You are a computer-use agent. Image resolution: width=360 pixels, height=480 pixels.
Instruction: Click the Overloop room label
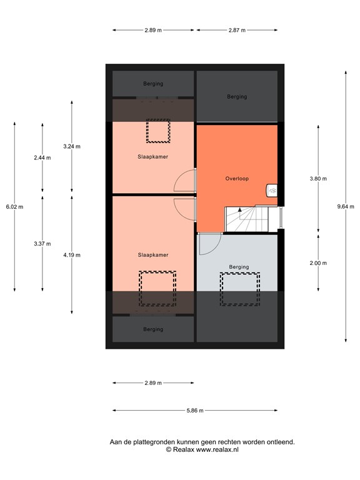point(237,179)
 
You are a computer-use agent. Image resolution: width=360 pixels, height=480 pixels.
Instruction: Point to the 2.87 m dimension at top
point(237,30)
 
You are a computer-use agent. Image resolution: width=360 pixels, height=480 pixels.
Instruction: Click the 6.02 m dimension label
point(14,207)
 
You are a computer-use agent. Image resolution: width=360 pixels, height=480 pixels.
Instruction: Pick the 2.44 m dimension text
point(42,158)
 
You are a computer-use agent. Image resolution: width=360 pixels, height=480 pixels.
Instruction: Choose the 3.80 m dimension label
point(318,179)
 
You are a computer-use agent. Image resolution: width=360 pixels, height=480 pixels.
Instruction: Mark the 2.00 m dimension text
point(318,263)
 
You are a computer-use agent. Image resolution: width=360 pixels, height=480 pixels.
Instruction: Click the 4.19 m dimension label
point(72,254)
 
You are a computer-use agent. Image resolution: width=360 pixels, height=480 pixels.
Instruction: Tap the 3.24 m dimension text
point(72,146)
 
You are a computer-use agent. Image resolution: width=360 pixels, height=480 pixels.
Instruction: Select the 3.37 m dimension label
point(42,244)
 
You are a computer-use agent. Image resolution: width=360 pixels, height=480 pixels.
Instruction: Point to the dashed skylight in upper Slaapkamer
point(157,131)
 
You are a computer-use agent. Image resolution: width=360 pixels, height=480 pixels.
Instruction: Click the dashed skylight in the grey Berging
point(239,289)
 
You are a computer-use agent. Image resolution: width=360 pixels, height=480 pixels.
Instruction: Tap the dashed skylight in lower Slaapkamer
point(157,289)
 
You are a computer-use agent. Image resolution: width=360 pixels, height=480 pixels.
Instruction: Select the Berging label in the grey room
point(239,267)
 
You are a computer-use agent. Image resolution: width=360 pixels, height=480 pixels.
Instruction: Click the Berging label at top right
point(237,97)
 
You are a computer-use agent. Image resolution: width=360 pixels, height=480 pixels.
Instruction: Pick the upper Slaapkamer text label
point(152,157)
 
